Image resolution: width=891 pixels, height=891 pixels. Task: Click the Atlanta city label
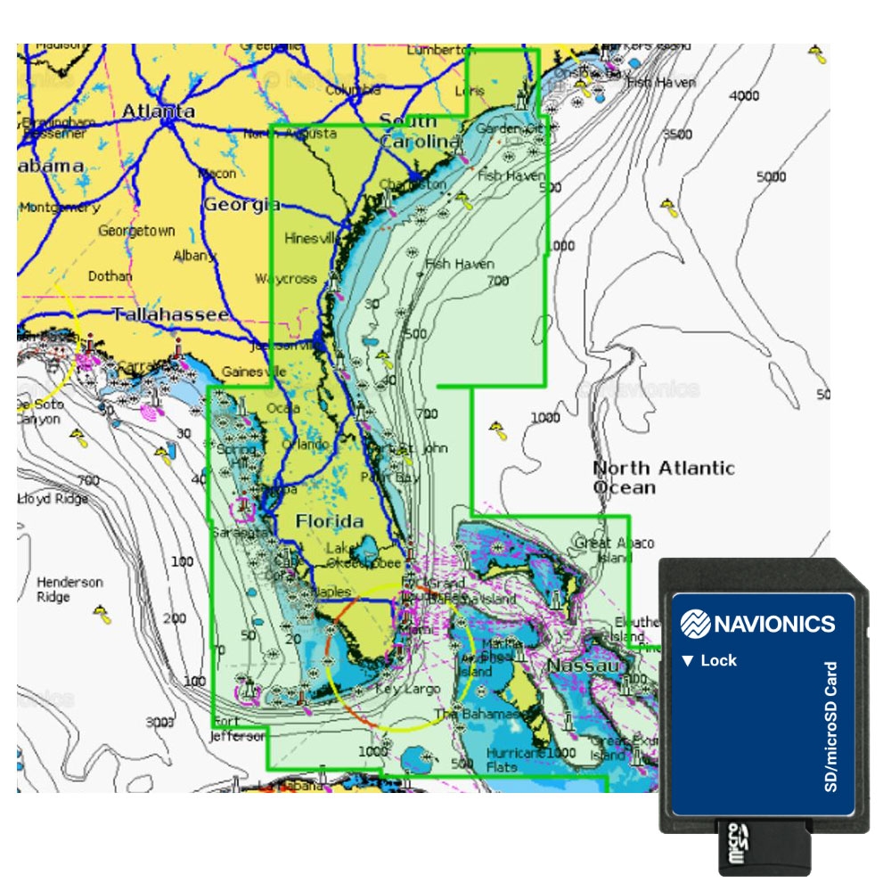[158, 111]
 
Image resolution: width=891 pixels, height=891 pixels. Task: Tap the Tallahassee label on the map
[170, 315]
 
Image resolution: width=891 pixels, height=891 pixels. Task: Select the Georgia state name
[241, 205]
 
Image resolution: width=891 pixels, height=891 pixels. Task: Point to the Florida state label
[330, 521]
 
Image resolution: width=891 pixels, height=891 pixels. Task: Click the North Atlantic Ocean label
[663, 478]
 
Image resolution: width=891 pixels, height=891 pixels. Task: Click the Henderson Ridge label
[69, 589]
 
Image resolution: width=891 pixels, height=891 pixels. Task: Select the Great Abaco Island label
[615, 550]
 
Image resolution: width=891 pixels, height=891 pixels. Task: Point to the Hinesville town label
[313, 238]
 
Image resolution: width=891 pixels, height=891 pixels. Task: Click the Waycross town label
[286, 278]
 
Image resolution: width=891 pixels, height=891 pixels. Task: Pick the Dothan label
[110, 276]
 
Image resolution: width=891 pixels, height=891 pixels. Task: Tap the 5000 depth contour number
[771, 176]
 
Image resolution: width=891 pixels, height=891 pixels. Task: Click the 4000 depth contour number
[744, 95]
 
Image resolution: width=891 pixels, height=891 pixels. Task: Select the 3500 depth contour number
[677, 135]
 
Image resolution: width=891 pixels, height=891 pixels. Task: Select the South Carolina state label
[420, 130]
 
